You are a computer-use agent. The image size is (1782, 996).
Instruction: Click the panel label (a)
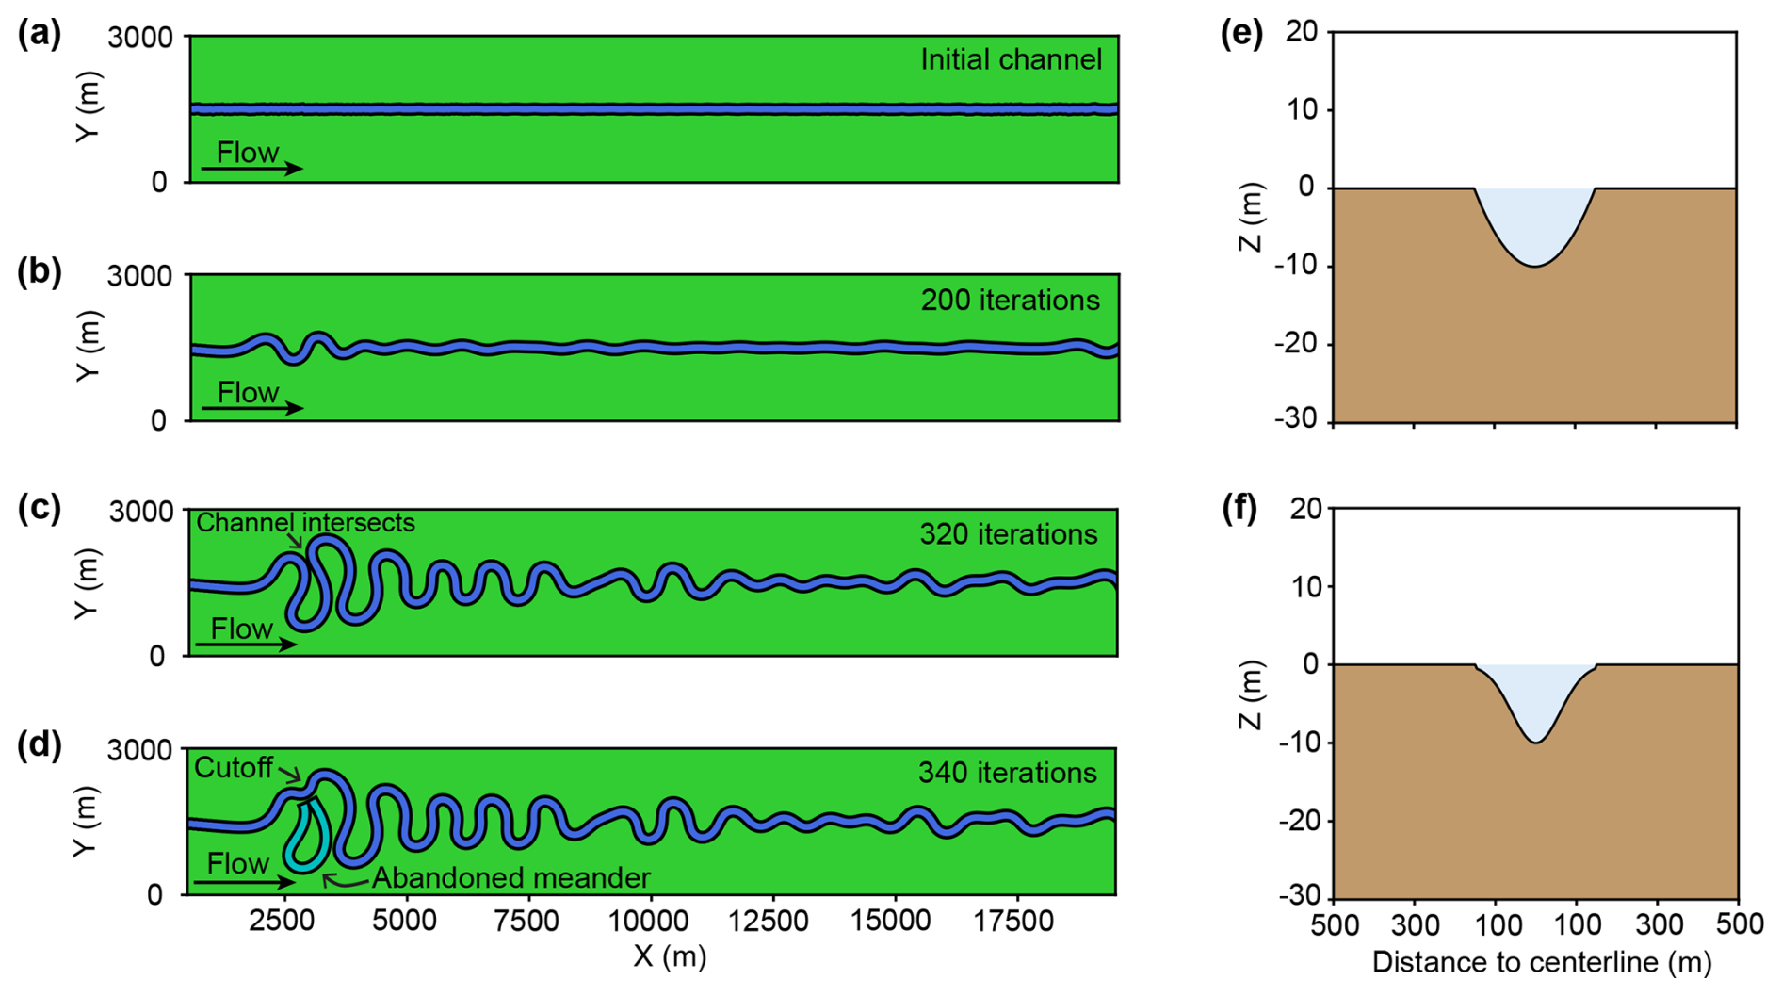(x=40, y=34)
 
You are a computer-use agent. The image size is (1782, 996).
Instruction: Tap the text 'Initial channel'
(x=1011, y=60)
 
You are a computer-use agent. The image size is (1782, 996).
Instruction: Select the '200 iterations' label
(x=1010, y=301)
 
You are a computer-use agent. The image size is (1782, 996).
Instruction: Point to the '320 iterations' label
(x=1009, y=534)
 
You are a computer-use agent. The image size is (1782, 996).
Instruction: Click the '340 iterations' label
(x=1008, y=773)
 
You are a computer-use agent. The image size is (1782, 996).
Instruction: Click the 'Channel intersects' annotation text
(x=305, y=522)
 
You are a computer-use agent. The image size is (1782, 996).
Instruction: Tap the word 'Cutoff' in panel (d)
(x=234, y=768)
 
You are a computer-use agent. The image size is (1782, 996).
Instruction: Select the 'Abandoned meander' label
(x=511, y=878)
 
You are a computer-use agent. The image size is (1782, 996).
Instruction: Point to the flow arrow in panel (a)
(x=251, y=169)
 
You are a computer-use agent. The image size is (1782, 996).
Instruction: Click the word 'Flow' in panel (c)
(x=242, y=629)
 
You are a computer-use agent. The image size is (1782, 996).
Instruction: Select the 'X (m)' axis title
(x=670, y=956)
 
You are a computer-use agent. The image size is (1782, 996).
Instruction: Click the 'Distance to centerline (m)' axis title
(x=1541, y=962)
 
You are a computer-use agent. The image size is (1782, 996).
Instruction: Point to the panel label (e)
(x=1241, y=34)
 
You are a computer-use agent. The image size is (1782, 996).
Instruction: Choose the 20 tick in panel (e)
(x=1302, y=31)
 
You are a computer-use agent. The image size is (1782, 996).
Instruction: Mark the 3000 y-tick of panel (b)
(x=140, y=276)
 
